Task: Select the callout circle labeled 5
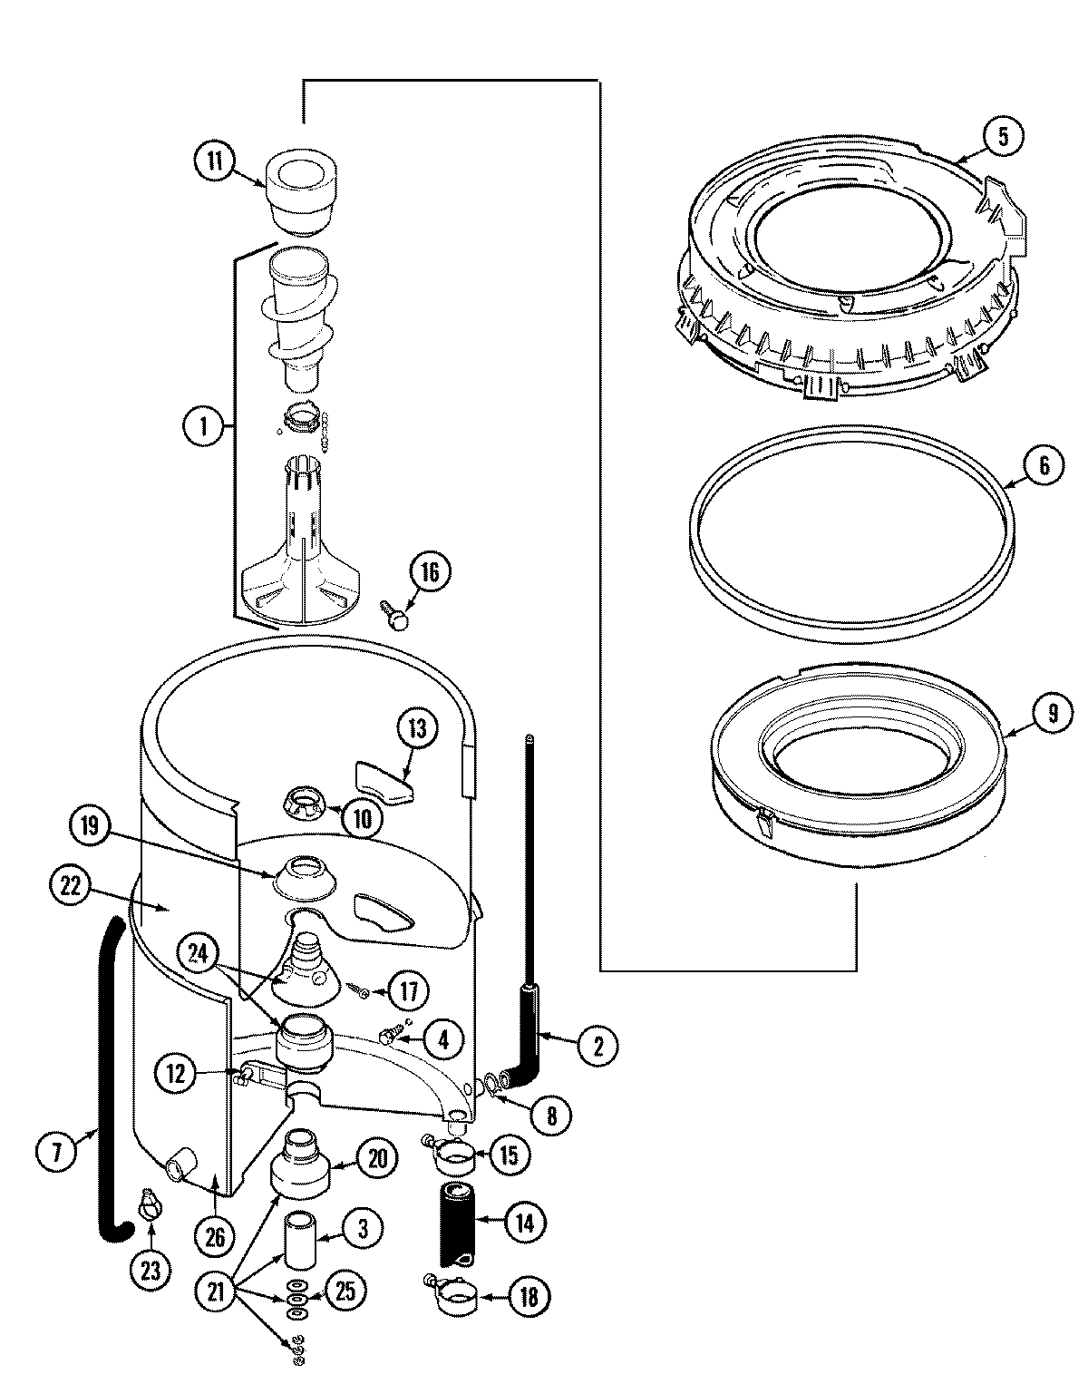point(1002,137)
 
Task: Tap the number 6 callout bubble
point(1044,465)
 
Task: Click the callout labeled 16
point(430,572)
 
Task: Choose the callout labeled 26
point(215,1236)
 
